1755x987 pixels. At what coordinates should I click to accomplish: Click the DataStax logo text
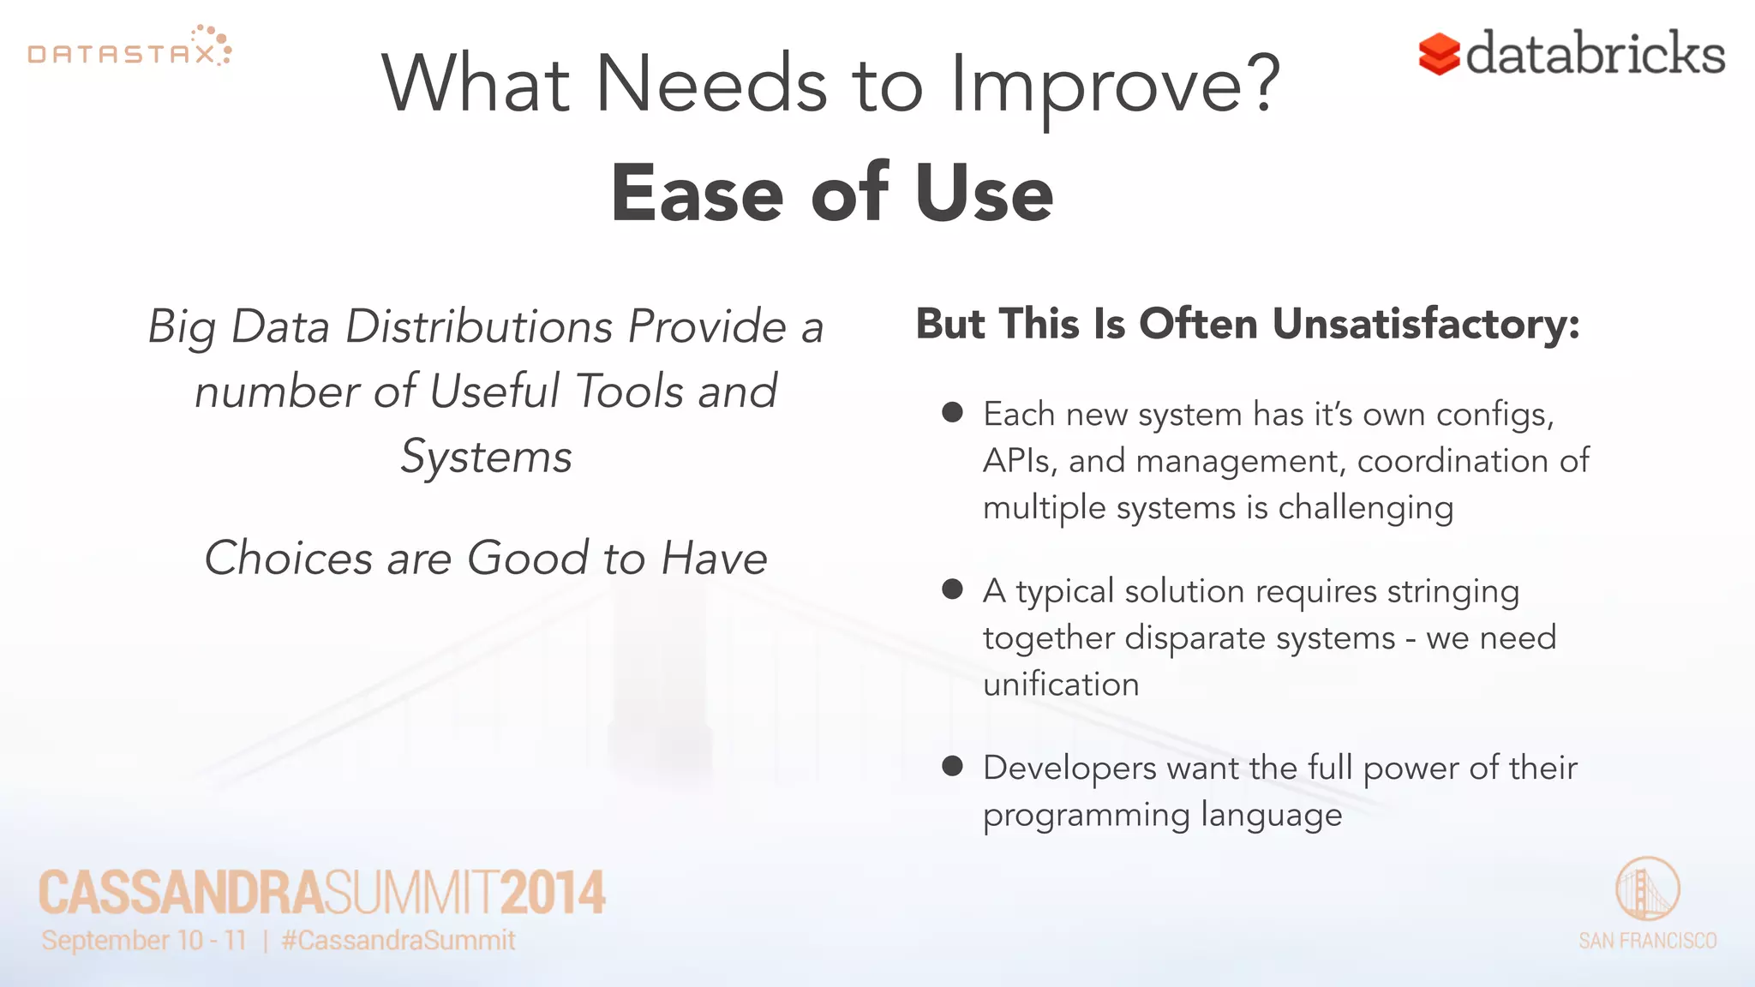coord(122,55)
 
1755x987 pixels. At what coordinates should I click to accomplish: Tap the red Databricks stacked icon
coord(1439,54)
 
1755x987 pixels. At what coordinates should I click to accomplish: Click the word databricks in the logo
coord(1595,53)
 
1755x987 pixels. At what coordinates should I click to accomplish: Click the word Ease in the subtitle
coord(697,194)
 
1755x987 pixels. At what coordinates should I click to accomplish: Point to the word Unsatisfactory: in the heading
coord(1426,325)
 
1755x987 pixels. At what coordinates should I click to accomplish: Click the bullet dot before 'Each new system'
coord(952,412)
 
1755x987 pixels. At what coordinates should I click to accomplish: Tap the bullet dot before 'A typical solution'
coord(952,589)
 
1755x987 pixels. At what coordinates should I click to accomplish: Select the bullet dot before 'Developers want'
coord(952,765)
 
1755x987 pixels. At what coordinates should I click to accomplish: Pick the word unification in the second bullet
coord(1061,685)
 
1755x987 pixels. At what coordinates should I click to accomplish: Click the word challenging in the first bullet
coord(1366,508)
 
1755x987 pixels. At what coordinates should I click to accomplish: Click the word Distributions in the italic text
coord(480,326)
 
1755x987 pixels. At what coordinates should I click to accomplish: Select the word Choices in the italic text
coord(288,559)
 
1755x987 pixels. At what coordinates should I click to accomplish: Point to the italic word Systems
coord(486,457)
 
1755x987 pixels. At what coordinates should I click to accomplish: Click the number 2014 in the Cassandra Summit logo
coord(553,893)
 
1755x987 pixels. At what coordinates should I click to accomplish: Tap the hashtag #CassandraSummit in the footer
coord(398,941)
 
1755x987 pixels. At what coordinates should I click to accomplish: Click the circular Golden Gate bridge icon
coord(1647,888)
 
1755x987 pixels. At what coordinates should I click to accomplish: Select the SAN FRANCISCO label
coord(1647,941)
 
